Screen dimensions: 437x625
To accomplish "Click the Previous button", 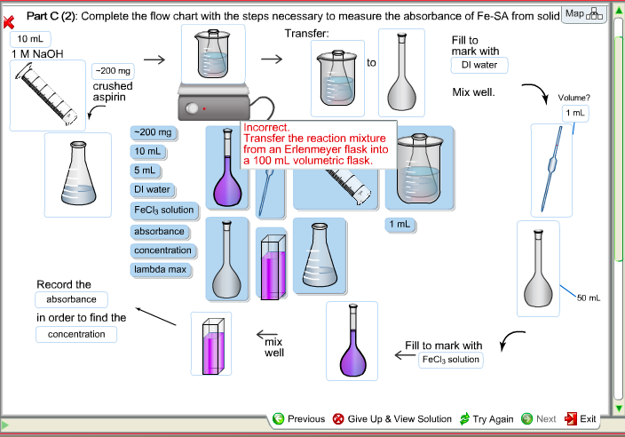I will click(x=299, y=418).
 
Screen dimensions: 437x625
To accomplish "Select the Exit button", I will click(x=581, y=418).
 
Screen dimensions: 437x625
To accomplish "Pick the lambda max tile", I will click(x=160, y=269).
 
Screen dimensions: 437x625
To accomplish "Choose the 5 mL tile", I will click(x=144, y=171).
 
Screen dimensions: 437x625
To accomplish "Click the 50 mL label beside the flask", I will click(x=589, y=298).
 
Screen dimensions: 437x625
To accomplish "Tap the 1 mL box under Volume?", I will click(x=574, y=113).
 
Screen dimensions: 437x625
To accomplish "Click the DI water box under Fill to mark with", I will click(x=479, y=65).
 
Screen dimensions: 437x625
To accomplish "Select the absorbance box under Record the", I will click(x=71, y=299).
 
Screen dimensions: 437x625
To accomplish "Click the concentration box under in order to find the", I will click(x=75, y=334).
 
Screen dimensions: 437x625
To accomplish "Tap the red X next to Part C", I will click(x=9, y=20).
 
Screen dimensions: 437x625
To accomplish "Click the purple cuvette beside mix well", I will click(x=210, y=344).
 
